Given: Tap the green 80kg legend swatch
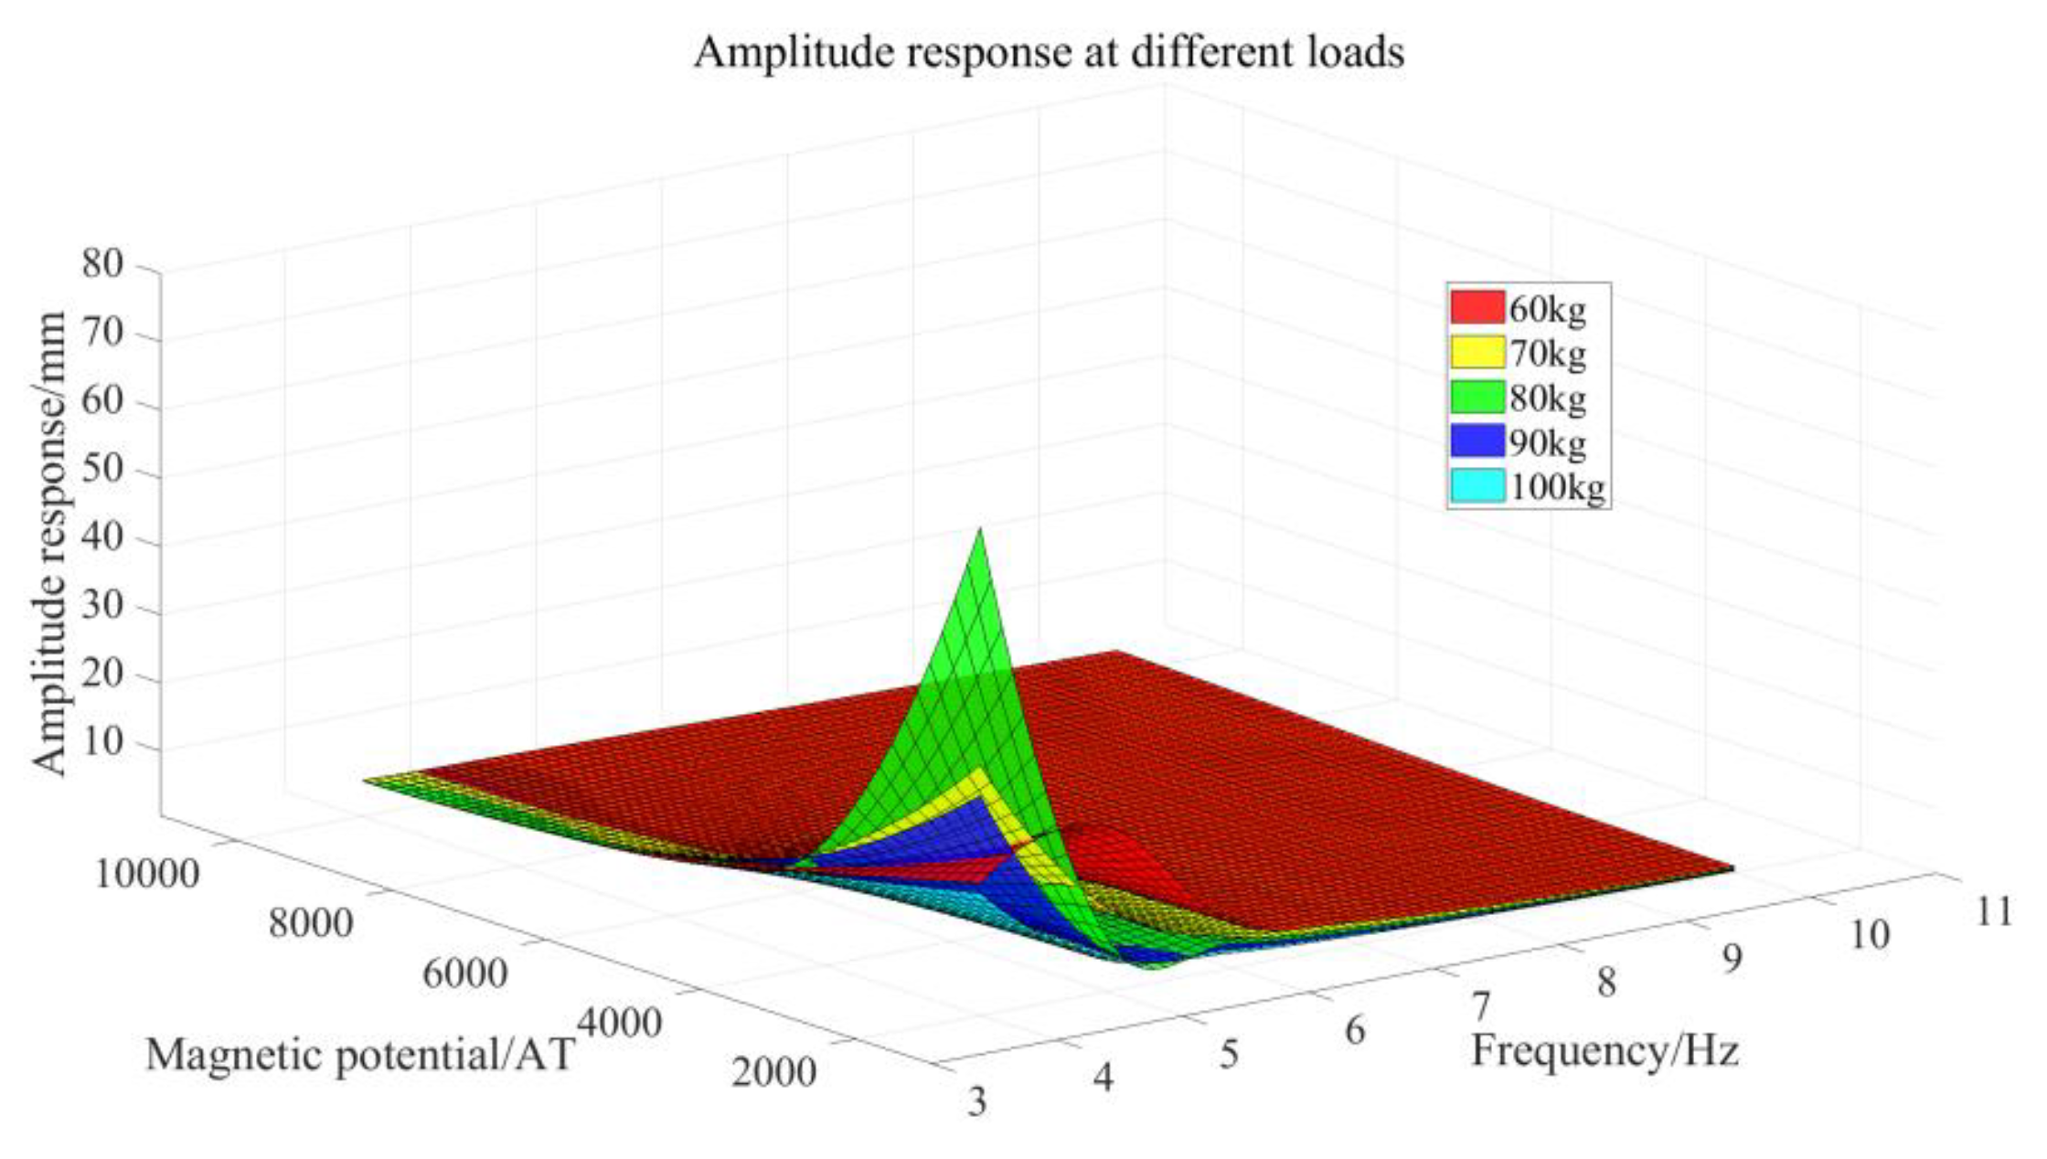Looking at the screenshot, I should point(1477,398).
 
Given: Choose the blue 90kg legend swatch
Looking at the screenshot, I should point(1477,442).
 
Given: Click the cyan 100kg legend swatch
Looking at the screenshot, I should point(1477,486).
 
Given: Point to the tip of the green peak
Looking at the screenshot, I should point(980,529).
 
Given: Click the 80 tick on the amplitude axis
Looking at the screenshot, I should point(102,265).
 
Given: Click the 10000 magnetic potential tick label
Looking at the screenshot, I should point(146,875).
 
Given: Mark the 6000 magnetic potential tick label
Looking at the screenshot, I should point(464,974).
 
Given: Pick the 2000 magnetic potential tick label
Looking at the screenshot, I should point(773,1072).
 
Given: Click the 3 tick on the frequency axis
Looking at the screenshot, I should point(977,1102).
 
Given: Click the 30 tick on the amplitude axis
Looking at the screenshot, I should point(102,609).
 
